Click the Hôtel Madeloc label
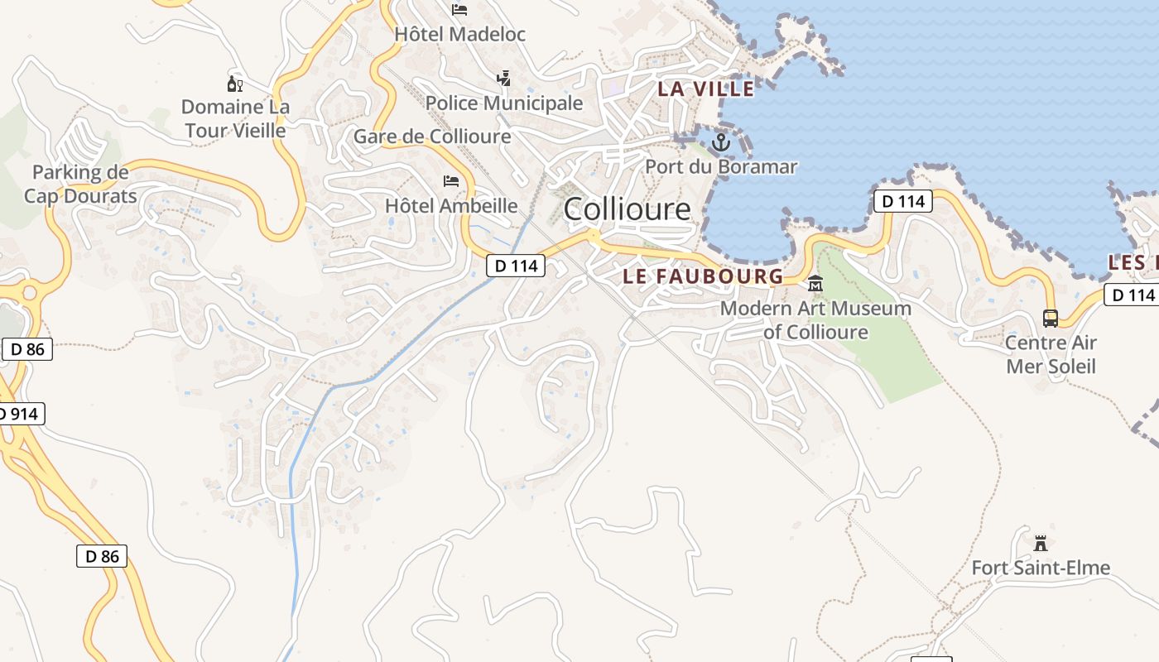pos(460,35)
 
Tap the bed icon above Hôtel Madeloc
pos(460,10)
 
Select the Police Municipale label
pos(504,103)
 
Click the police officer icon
pos(503,79)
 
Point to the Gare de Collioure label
pos(432,137)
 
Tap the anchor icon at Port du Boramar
pos(721,142)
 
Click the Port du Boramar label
pos(721,166)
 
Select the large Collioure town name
pos(627,209)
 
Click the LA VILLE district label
pos(706,89)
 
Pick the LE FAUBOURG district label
pos(703,276)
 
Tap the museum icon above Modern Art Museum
pos(816,284)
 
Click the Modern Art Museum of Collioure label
pos(815,320)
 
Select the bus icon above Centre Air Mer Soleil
pos(1051,318)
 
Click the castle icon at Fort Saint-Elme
pos(1041,544)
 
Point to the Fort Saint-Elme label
pos(1041,568)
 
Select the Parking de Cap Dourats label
pos(80,184)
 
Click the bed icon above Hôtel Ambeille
pos(451,181)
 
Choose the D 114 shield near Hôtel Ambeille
pos(515,266)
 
